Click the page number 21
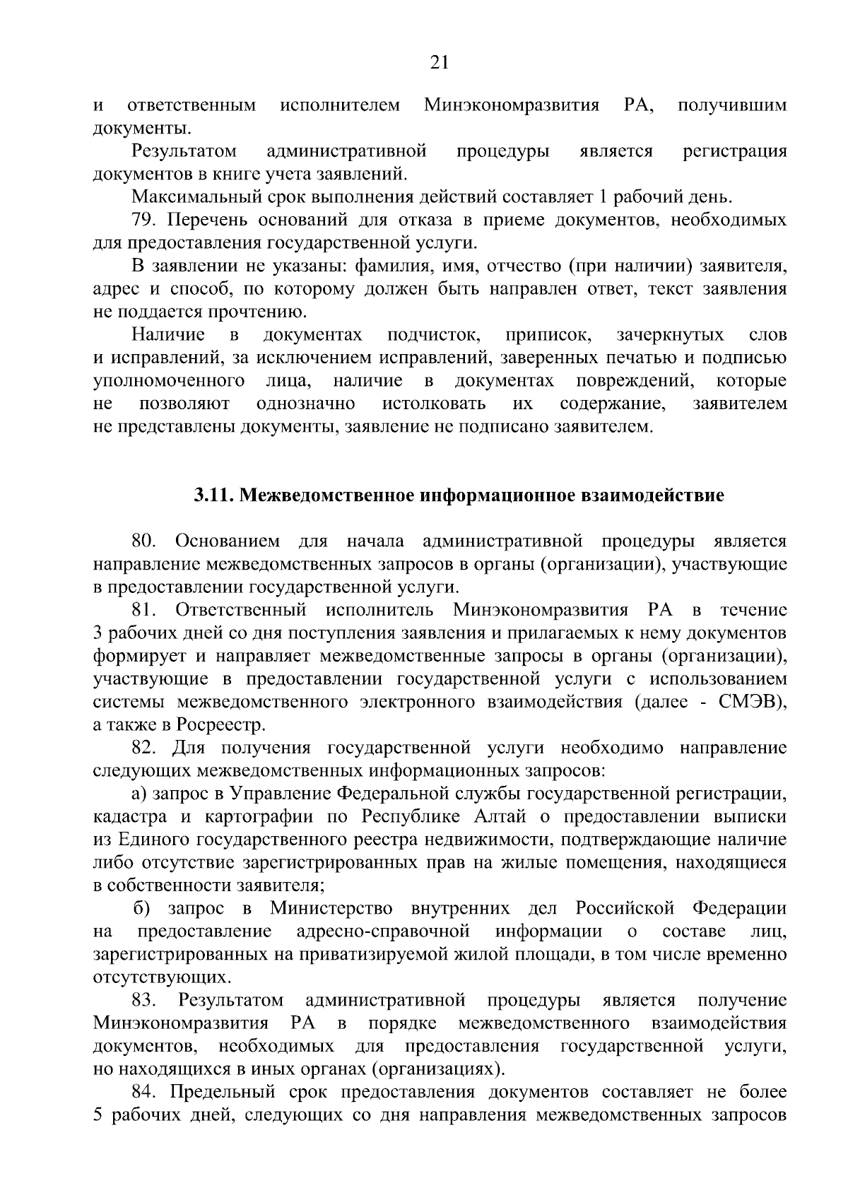coord(439,63)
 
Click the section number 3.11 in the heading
coord(214,495)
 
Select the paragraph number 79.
coord(143,220)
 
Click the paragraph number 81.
coord(143,610)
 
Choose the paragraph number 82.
coord(143,748)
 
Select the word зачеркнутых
coord(670,335)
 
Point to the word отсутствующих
coord(162,978)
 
